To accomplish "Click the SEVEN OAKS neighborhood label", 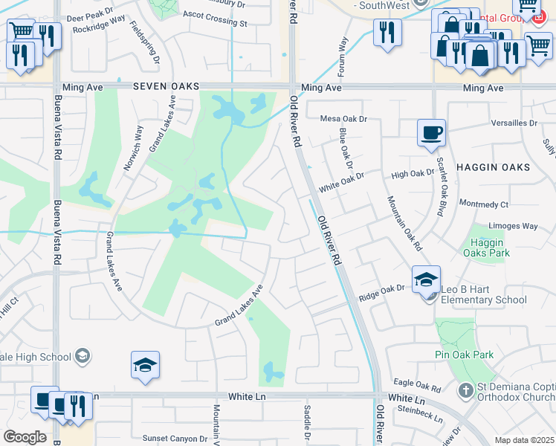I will pyautogui.click(x=167, y=87).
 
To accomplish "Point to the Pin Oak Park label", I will pyautogui.click(x=465, y=355).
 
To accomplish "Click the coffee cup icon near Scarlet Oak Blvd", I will pyautogui.click(x=431, y=133).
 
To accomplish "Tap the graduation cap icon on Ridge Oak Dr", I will pyautogui.click(x=427, y=280).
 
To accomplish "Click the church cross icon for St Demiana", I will pyautogui.click(x=465, y=390).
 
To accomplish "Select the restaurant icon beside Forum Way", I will pyautogui.click(x=387, y=32).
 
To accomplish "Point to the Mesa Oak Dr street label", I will pyautogui.click(x=344, y=119).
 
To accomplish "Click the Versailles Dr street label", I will pyautogui.click(x=513, y=123).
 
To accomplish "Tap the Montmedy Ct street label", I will pyautogui.click(x=484, y=204).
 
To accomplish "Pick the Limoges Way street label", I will pyautogui.click(x=513, y=226).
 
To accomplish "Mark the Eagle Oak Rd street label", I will pyautogui.click(x=418, y=387).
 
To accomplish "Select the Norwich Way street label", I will pyautogui.click(x=134, y=147).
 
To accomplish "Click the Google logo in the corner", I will pyautogui.click(x=25, y=437).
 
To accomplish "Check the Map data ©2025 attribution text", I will pyautogui.click(x=523, y=440).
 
